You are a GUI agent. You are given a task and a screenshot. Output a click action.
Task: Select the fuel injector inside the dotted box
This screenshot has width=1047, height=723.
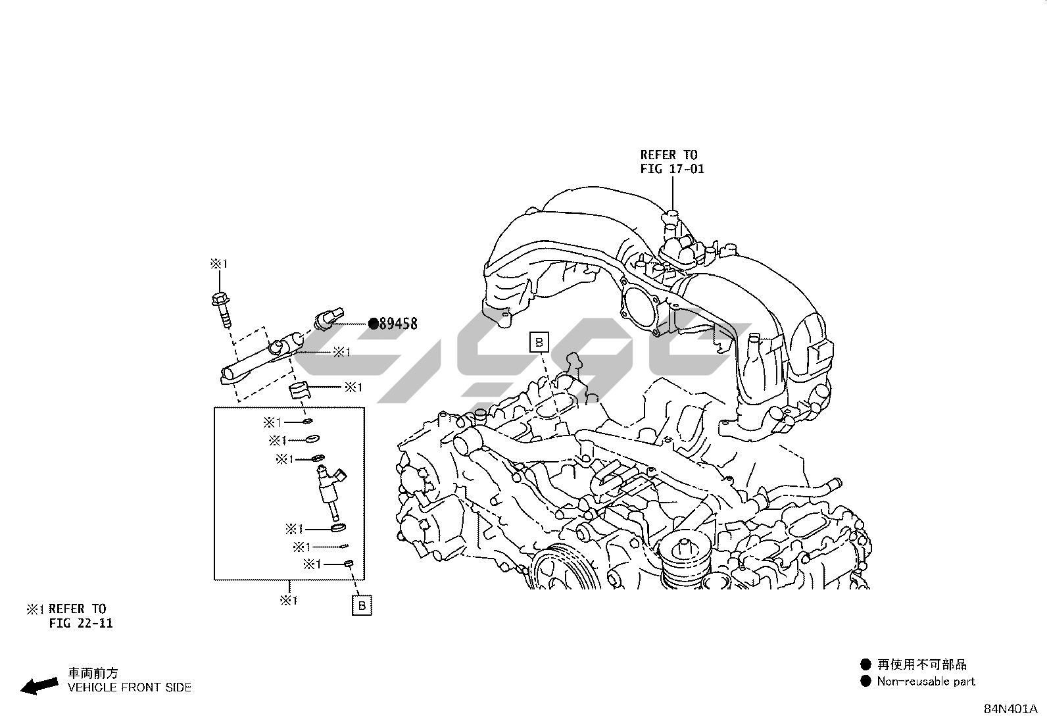[x=331, y=490]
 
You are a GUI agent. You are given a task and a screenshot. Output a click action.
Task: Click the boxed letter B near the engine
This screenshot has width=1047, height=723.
[x=539, y=342]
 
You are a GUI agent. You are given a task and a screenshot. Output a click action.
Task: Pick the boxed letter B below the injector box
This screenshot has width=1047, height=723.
[x=362, y=605]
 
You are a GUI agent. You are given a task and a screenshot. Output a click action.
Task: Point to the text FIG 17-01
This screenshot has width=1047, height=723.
[x=672, y=169]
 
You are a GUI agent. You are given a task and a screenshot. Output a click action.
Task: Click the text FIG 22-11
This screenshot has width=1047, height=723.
[x=81, y=623]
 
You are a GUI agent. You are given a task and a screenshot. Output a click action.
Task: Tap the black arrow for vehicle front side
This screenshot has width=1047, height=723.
[x=39, y=686]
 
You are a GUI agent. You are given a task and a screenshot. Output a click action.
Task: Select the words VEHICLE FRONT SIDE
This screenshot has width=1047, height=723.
[x=130, y=687]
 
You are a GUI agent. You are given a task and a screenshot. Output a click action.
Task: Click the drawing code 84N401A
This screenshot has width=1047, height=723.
[x=1010, y=709]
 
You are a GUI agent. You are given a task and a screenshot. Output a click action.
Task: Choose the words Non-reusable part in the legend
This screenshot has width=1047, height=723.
[x=926, y=682]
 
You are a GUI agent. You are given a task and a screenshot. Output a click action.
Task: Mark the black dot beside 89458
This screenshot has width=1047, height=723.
[x=373, y=323]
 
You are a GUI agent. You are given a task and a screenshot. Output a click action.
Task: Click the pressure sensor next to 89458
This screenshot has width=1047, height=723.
[x=327, y=318]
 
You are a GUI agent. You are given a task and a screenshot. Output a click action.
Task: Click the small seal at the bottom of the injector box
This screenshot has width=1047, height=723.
[x=350, y=563]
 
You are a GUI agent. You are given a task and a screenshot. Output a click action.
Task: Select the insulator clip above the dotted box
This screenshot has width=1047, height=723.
[x=299, y=391]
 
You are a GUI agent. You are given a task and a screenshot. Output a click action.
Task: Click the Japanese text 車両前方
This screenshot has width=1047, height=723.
[x=93, y=673]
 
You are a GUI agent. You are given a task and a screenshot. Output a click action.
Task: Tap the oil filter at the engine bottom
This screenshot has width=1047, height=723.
[x=685, y=559]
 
